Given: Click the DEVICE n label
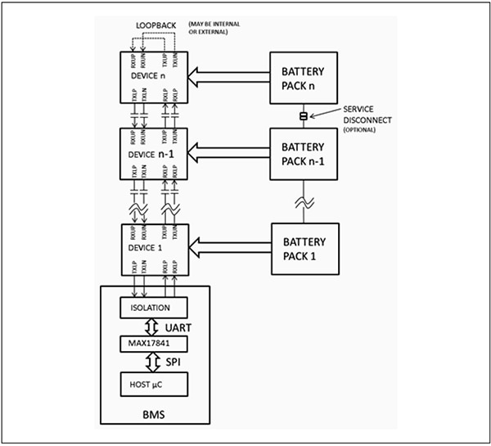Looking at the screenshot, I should click(147, 76).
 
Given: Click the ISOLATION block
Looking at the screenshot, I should click(154, 308).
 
